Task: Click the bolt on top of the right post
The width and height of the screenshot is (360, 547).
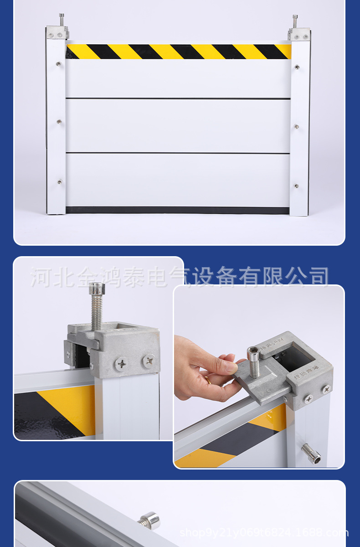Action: click(x=295, y=20)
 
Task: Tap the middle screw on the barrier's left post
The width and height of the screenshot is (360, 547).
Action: click(x=59, y=122)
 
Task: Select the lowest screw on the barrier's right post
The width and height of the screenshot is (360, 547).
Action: click(x=296, y=186)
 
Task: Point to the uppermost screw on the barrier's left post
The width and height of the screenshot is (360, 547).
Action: click(x=58, y=64)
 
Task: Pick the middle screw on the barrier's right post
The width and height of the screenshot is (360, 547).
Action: click(x=296, y=126)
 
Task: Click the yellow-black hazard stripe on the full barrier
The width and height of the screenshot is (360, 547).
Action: click(x=178, y=52)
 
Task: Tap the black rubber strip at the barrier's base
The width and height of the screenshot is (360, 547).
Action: click(x=178, y=210)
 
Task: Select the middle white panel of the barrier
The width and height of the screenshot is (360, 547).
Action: click(x=178, y=126)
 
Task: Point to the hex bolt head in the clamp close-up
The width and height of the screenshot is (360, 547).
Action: click(x=97, y=289)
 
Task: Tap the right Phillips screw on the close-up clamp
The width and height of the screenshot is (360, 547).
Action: click(x=149, y=361)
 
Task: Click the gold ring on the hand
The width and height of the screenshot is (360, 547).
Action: click(x=207, y=380)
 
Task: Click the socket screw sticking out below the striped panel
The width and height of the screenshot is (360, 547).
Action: click(x=311, y=454)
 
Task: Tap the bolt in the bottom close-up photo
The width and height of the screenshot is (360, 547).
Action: click(x=149, y=520)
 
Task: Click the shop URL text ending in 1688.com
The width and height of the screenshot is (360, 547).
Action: click(x=264, y=532)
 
